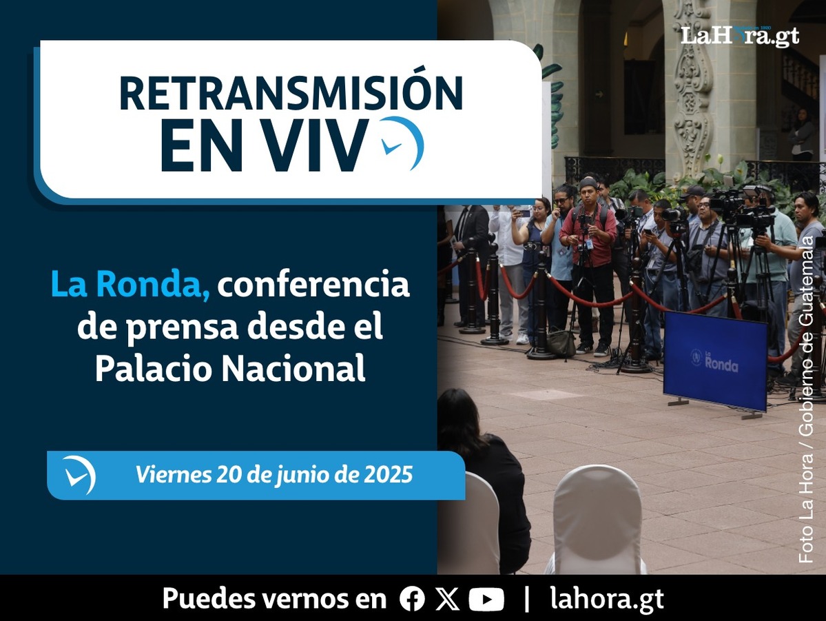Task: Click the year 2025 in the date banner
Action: point(389,474)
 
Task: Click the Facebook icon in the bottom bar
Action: point(412,599)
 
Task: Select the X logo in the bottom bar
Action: point(447,599)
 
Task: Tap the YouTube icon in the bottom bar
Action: point(486,600)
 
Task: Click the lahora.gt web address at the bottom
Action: point(607,600)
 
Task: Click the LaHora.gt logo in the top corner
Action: point(740,36)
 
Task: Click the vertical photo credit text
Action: point(807,400)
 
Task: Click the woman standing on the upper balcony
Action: point(803,134)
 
